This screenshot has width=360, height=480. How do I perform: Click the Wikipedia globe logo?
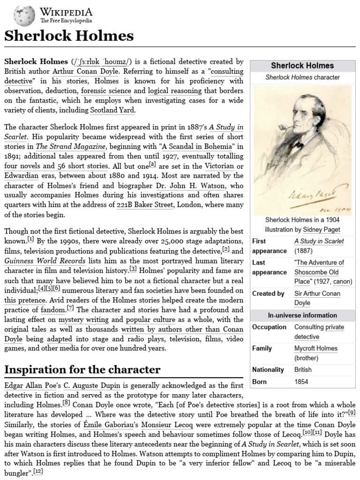pyautogui.click(x=24, y=15)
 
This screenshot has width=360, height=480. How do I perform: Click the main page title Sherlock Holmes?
pyautogui.click(x=69, y=36)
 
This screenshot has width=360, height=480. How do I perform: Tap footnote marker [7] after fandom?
pyautogui.click(x=70, y=308)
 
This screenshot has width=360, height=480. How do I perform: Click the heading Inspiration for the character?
pyautogui.click(x=82, y=369)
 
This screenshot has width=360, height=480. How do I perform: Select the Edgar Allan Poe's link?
pyautogui.click(x=33, y=385)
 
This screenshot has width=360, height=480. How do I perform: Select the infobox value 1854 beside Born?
pyautogui.click(x=301, y=382)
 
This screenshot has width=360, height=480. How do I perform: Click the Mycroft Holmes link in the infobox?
pyautogui.click(x=316, y=348)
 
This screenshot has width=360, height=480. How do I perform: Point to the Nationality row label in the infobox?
pyautogui.click(x=268, y=370)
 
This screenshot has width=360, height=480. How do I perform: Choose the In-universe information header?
pyautogui.click(x=302, y=315)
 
